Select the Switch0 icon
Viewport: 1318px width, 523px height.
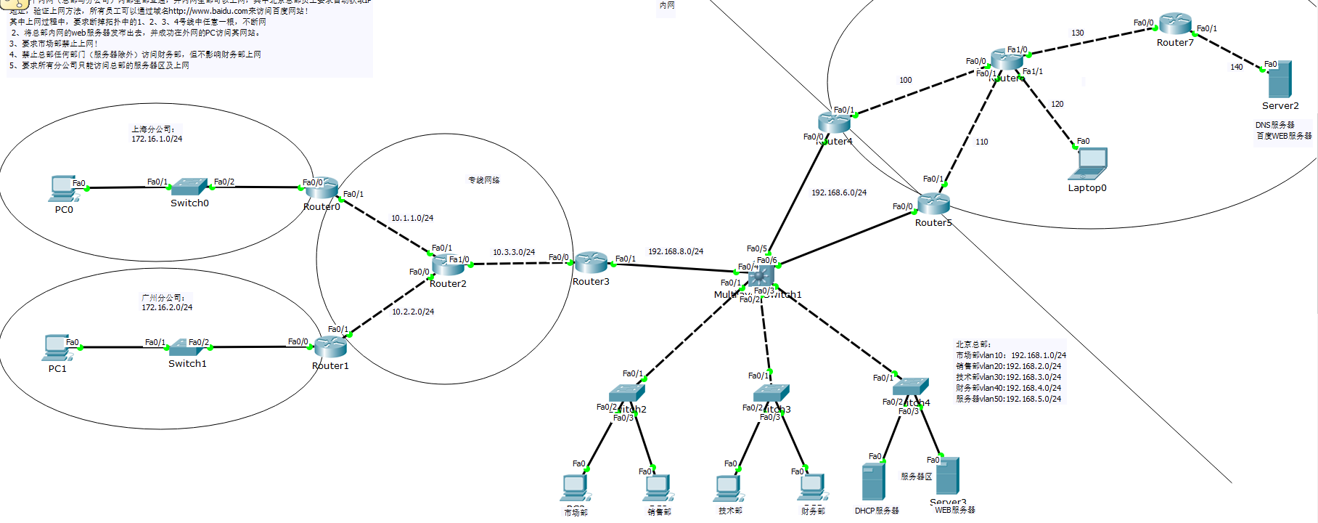189,187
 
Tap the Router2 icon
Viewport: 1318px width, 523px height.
448,266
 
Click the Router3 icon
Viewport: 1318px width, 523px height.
591,263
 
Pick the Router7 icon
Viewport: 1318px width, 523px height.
1175,24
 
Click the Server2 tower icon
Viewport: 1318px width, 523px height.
1280,79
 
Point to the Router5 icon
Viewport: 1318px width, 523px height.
933,204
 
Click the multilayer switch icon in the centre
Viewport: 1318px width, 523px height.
761,276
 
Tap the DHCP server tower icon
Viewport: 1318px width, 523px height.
873,481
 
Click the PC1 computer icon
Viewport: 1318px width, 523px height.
56,347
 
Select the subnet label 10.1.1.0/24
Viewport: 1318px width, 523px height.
412,218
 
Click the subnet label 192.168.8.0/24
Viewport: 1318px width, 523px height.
676,251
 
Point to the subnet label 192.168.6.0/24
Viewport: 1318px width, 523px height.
839,192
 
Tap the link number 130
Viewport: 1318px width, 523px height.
1078,33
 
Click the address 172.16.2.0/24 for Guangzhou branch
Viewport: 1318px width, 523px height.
167,307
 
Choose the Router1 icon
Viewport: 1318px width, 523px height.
331,347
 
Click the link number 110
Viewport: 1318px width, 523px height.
982,142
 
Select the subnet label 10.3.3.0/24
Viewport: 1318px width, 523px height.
514,252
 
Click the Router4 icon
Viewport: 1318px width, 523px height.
834,123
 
